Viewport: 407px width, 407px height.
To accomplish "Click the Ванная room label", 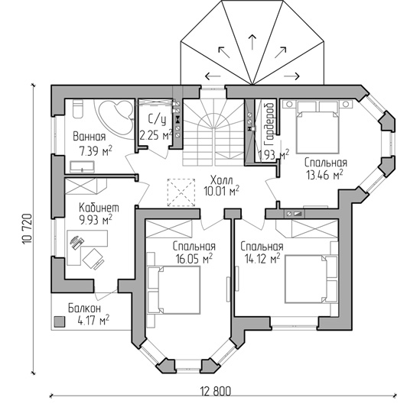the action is pyautogui.click(x=90, y=137).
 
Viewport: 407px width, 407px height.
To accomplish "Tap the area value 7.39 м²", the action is pyautogui.click(x=96, y=150).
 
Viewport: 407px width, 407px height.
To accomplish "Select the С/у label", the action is pyautogui.click(x=157, y=120).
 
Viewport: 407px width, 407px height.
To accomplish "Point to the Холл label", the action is pyautogui.click(x=221, y=180).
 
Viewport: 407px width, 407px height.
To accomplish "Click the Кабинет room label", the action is pyautogui.click(x=99, y=208).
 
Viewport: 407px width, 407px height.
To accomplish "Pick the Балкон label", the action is pyautogui.click(x=84, y=308).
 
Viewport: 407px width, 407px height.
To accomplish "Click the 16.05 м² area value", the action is pyautogui.click(x=194, y=259).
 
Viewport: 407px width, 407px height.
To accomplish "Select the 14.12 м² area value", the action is pyautogui.click(x=262, y=259).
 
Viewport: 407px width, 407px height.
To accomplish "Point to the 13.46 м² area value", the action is pyautogui.click(x=324, y=175).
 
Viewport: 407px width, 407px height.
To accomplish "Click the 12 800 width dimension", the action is pyautogui.click(x=216, y=391).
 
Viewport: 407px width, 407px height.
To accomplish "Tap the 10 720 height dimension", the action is pyautogui.click(x=27, y=228).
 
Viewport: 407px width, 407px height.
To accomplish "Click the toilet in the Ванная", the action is pyautogui.click(x=78, y=108).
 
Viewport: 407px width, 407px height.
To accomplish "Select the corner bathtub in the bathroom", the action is pyautogui.click(x=115, y=119).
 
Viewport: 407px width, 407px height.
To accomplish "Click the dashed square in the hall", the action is pyautogui.click(x=181, y=192).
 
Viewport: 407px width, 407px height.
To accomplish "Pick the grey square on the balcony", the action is pyautogui.click(x=60, y=321).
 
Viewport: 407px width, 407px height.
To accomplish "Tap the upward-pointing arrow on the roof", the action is pyautogui.click(x=252, y=41).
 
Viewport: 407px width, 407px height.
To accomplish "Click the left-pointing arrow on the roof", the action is pyautogui.click(x=213, y=76).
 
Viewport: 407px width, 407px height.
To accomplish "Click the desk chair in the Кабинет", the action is pyautogui.click(x=93, y=259).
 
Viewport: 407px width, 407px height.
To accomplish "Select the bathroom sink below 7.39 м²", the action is pyautogui.click(x=82, y=167).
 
